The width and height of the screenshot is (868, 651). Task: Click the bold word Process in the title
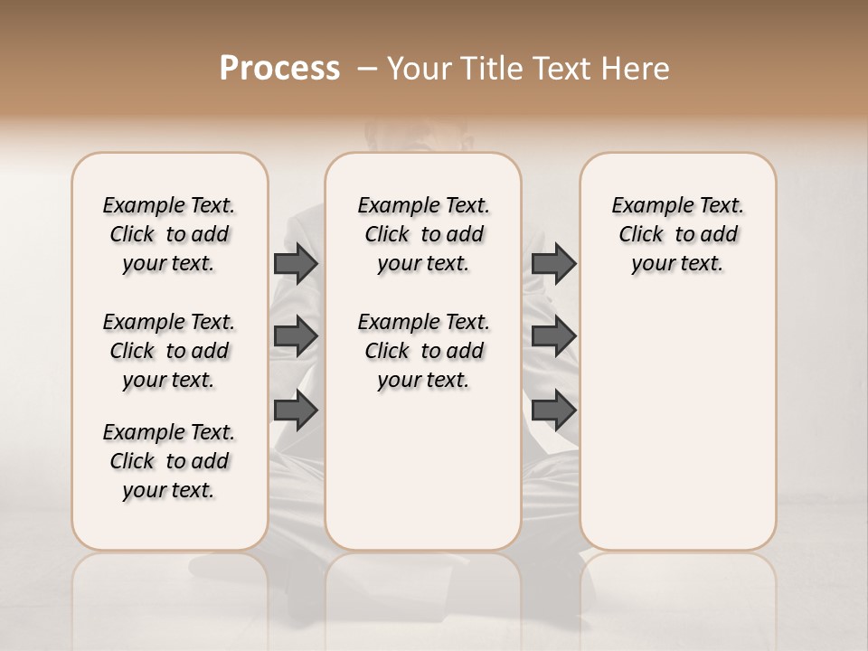point(279,69)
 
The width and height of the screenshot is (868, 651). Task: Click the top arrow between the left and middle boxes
point(296,263)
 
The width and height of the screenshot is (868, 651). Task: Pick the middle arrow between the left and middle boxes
point(296,336)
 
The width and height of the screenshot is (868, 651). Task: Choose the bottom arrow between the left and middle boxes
point(296,410)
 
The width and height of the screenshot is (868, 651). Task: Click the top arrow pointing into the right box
point(553,263)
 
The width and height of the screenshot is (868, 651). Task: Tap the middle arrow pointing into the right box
point(553,336)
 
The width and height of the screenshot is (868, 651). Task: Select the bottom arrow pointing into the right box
point(553,410)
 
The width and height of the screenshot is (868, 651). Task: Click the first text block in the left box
point(169,234)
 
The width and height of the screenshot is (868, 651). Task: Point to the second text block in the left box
point(169,351)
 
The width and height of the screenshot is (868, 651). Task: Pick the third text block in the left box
point(169,461)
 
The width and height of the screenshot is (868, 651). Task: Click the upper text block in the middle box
point(423,234)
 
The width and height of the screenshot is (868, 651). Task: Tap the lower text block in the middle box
point(423,351)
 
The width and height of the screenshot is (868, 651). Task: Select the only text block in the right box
point(677,234)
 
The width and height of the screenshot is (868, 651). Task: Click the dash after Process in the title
point(367,69)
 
